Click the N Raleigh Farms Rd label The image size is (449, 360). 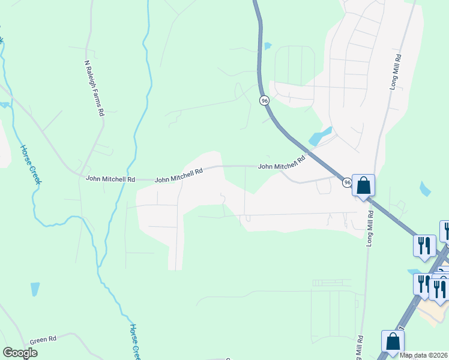coord(95,88)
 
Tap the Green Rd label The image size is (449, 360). coord(44,340)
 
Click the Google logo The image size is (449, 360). coord(20,353)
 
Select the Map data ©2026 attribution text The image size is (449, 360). coord(424,355)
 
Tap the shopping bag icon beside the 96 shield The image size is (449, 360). coord(363,185)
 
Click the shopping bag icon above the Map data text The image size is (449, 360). coord(393,341)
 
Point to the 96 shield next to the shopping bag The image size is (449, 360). coord(347,182)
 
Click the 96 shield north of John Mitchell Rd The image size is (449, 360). coord(264,101)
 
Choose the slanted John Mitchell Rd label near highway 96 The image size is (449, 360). coord(282,163)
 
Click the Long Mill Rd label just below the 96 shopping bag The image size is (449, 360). coord(370,227)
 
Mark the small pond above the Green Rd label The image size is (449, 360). coord(35,289)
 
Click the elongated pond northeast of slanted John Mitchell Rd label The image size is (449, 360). coord(321,137)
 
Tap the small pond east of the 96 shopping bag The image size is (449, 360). coord(426,189)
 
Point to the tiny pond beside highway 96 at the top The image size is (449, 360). coord(268,46)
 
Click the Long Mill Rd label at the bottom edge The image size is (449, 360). coord(360,347)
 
